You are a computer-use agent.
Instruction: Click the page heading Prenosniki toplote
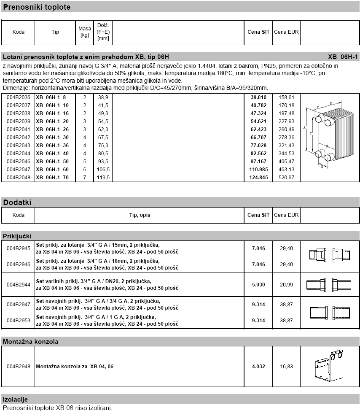37,7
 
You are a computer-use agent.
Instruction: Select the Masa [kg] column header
84,32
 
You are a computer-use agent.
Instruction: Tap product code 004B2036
19,97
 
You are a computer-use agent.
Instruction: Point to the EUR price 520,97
286,178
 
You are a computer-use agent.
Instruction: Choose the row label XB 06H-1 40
52,154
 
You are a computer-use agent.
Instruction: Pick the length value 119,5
103,178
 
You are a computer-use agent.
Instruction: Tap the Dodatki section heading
17,202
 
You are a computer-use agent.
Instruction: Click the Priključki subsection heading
17,236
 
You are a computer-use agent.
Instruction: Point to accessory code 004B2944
19,285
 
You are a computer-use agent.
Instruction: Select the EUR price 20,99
286,285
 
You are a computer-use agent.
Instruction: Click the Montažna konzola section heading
30,341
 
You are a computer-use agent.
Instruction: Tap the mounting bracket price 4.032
258,367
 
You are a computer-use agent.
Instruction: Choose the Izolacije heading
16,399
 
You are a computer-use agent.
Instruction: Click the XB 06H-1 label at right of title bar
342,57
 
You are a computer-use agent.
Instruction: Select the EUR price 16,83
286,367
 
